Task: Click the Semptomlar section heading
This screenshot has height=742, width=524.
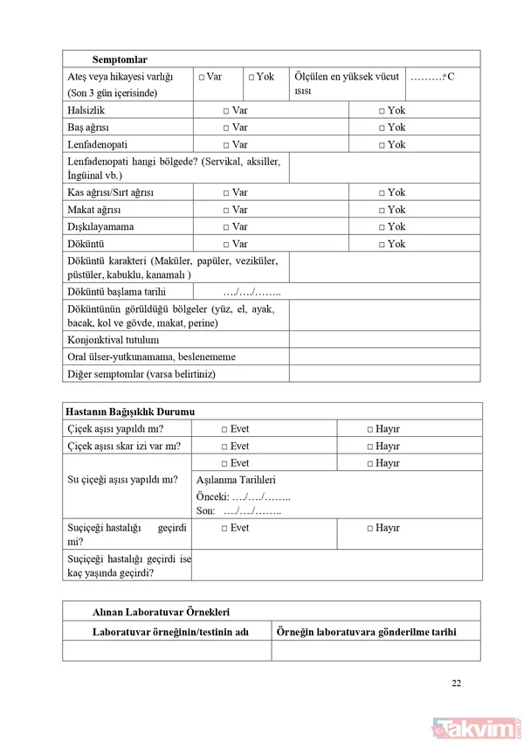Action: click(120, 59)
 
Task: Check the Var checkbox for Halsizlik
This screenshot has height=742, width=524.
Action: click(225, 111)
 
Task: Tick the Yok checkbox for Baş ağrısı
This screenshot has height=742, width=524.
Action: click(382, 128)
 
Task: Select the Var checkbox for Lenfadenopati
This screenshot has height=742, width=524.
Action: click(225, 144)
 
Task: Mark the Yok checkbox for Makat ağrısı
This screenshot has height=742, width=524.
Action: click(382, 210)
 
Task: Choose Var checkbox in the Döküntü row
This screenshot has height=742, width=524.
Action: click(225, 244)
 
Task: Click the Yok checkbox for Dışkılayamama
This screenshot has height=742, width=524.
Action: click(382, 227)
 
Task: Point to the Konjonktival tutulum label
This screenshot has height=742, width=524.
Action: click(113, 340)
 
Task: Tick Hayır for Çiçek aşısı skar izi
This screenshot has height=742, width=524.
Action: click(370, 447)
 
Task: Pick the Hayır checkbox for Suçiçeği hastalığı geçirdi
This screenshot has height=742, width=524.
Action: click(370, 529)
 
